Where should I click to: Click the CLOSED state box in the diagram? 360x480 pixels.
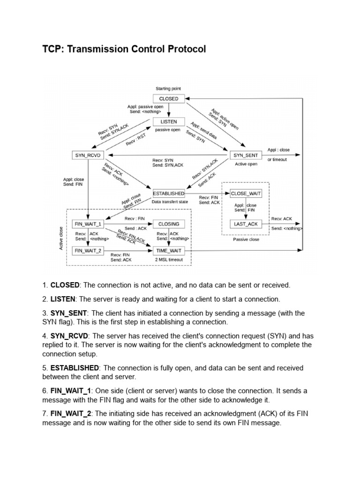pyautogui.click(x=169, y=99)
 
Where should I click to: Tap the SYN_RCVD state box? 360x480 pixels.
pyautogui.click(x=88, y=155)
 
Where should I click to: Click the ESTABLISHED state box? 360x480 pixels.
pyautogui.click(x=169, y=193)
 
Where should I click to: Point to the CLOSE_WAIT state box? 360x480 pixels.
pyautogui.click(x=246, y=193)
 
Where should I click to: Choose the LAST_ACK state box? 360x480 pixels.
pyautogui.click(x=246, y=224)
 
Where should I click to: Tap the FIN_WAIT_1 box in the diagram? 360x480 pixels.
pyautogui.click(x=88, y=224)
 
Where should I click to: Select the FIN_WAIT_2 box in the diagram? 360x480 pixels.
pyautogui.click(x=88, y=251)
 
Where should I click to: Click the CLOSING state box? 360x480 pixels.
pyautogui.click(x=169, y=224)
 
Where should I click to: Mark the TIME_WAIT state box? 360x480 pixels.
pyautogui.click(x=169, y=251)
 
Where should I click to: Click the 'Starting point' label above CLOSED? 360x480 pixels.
pyautogui.click(x=168, y=89)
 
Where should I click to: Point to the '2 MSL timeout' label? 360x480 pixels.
pyautogui.click(x=169, y=260)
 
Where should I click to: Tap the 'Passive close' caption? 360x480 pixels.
pyautogui.click(x=246, y=239)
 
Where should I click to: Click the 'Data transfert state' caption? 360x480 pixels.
pyautogui.click(x=170, y=202)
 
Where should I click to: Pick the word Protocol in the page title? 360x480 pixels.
pyautogui.click(x=186, y=49)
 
